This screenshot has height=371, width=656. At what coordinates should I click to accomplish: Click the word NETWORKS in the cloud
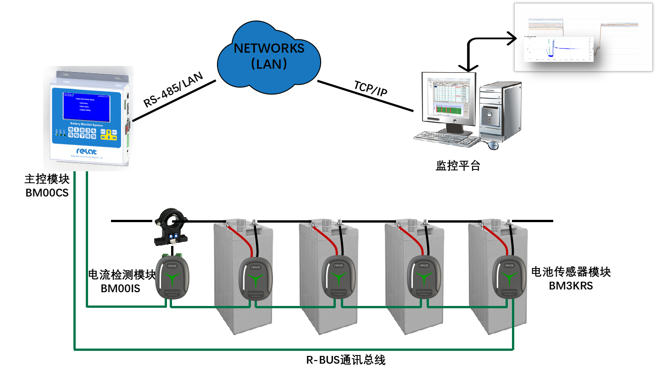tap(269, 48)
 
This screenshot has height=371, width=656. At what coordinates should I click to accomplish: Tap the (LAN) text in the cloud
tap(269, 63)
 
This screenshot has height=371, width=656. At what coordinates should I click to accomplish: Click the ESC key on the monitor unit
tap(103, 131)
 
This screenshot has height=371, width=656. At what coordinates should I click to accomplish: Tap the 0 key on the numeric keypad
tap(71, 130)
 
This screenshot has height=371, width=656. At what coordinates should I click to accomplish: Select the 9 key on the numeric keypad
tap(94, 136)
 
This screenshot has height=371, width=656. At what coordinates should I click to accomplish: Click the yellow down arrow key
tap(109, 138)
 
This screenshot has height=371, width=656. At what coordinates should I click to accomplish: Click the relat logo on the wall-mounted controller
tap(86, 151)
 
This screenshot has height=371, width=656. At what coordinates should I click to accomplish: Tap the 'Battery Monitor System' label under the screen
tap(87, 125)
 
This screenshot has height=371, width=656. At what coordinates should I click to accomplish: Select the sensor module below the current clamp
tap(172, 277)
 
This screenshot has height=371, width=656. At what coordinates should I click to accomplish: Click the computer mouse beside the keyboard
tap(493, 145)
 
